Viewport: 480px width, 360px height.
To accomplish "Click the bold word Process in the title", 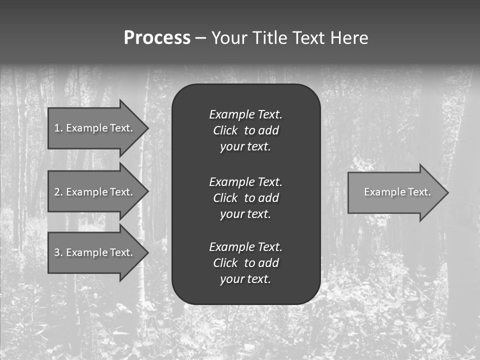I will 157,38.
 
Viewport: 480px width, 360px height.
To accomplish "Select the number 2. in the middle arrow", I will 58,192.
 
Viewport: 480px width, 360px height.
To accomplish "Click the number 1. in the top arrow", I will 58,128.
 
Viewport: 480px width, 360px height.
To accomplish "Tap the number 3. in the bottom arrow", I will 58,252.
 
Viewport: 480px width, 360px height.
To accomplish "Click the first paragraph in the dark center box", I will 245,130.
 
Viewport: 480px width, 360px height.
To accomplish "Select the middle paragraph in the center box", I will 245,198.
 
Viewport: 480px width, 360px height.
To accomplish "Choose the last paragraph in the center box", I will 245,263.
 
